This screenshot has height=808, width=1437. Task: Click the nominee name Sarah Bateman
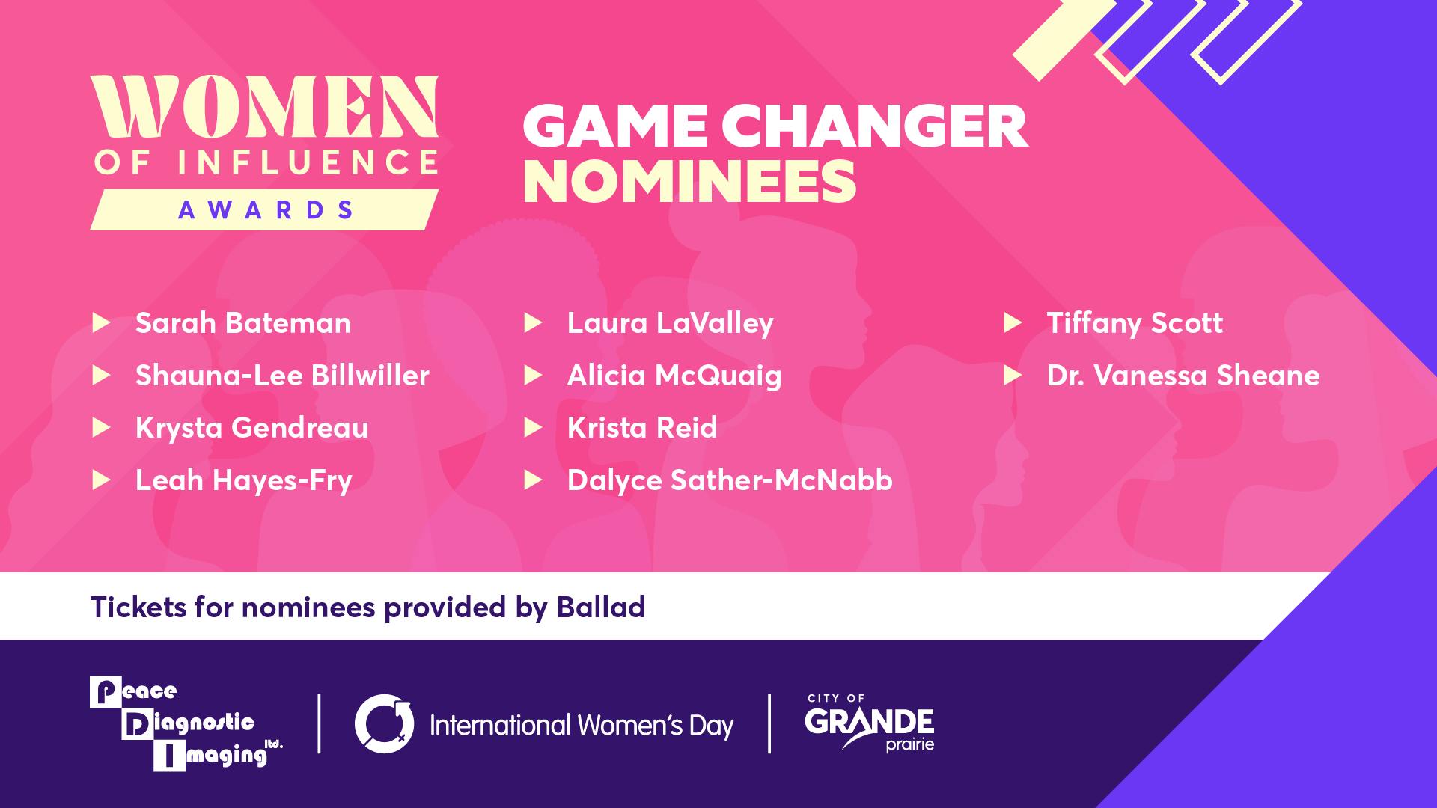(242, 323)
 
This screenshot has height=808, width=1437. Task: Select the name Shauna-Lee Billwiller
(282, 376)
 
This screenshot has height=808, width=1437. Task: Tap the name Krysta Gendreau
(251, 428)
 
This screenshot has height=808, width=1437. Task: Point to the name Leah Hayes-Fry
(243, 480)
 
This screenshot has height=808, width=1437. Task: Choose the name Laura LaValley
(670, 323)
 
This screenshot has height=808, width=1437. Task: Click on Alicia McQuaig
(674, 376)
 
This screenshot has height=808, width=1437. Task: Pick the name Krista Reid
(641, 428)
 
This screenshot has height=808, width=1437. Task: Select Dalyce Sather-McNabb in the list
(729, 480)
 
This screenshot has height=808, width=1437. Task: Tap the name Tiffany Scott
(1134, 323)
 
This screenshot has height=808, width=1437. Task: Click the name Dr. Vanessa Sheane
(1183, 376)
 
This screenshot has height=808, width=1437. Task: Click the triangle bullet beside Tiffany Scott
(1012, 323)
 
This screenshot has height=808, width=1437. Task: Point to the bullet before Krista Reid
(532, 428)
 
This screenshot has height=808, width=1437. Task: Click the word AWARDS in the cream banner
(266, 210)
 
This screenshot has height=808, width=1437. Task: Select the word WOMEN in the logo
(264, 108)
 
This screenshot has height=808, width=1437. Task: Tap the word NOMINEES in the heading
(689, 182)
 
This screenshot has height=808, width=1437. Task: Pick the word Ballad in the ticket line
(600, 607)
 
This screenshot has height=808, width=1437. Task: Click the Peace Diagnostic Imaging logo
(183, 723)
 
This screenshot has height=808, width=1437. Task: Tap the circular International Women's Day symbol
(384, 723)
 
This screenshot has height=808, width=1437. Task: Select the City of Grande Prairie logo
(869, 723)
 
